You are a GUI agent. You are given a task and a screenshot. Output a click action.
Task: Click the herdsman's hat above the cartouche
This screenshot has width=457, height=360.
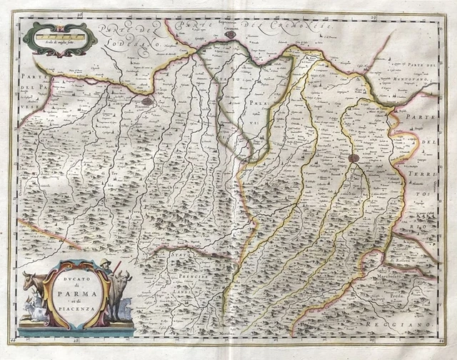tap(104, 264)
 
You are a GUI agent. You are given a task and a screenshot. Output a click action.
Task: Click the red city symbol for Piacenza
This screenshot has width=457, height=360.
tap(146, 102)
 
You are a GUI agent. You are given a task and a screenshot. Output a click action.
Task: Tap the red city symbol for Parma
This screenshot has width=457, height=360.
tap(353, 158)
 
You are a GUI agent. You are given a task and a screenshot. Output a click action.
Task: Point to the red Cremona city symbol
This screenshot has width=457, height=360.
tap(230, 34)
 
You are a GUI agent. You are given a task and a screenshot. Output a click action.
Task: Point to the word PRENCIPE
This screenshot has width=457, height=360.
tap(179, 275)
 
